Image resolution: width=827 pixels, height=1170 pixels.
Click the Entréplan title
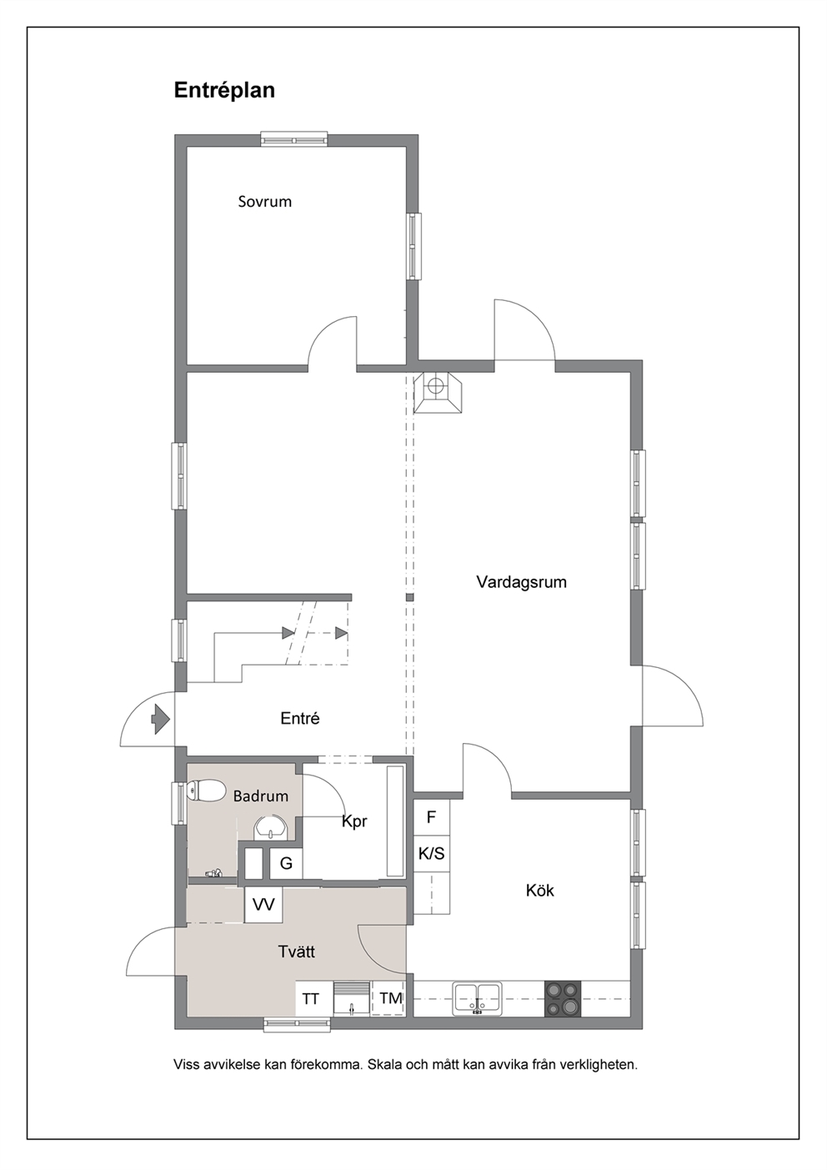[x=224, y=91]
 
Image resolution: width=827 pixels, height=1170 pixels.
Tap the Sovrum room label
[x=265, y=202]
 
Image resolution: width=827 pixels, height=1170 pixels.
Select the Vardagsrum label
[x=521, y=582]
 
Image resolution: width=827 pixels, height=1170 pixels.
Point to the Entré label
[x=299, y=718]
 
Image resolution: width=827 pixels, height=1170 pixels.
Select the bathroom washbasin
[x=271, y=828]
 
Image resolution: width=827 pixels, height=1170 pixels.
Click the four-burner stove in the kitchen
[x=562, y=999]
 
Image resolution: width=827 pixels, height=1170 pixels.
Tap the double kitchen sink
[x=477, y=999]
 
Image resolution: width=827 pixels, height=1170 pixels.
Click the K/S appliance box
[x=432, y=853]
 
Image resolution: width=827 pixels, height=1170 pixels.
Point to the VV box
[x=263, y=905]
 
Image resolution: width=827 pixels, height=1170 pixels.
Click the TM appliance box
[x=389, y=999]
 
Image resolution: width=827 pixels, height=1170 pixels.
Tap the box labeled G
[x=286, y=863]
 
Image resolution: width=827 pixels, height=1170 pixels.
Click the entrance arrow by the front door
[x=160, y=719]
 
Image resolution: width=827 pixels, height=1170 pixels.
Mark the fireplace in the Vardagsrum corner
[x=438, y=394]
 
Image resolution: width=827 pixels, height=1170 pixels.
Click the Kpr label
[x=354, y=821]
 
